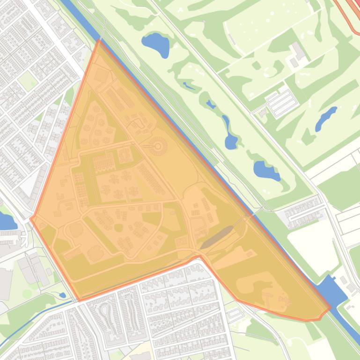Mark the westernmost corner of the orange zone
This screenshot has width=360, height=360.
(31, 218)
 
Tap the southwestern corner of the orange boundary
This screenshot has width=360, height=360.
(80, 300)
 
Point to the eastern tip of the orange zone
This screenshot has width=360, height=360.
(330, 309)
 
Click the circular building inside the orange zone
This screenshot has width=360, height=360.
(158, 147)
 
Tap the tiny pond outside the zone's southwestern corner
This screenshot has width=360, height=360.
(62, 295)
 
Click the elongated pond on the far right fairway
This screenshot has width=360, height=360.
(326, 119)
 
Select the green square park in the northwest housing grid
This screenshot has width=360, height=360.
(28, 81)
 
